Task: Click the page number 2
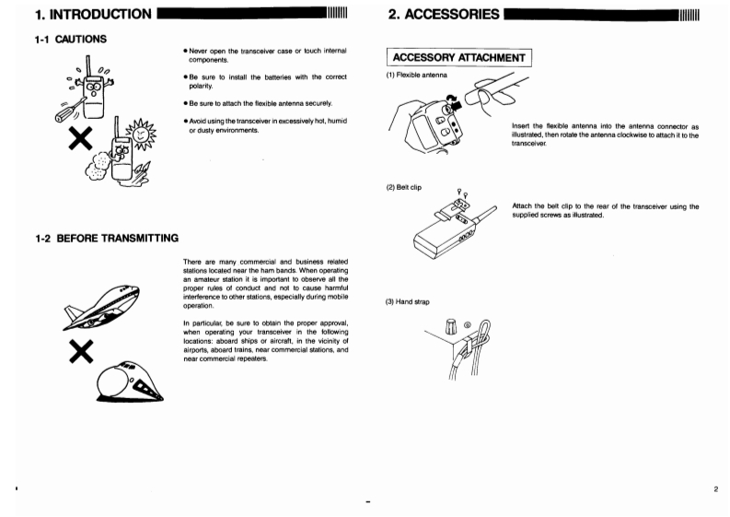715,490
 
